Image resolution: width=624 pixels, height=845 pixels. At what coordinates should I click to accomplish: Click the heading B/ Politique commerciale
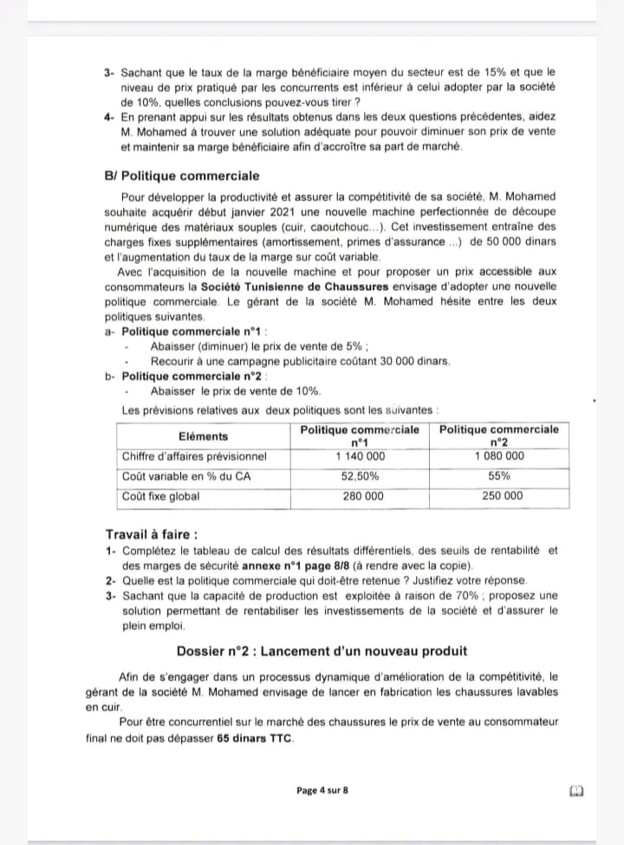pyautogui.click(x=181, y=174)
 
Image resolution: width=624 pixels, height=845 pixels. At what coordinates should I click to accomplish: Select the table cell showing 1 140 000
pyautogui.click(x=360, y=455)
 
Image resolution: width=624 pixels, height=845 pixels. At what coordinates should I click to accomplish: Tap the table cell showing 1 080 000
pyautogui.click(x=499, y=455)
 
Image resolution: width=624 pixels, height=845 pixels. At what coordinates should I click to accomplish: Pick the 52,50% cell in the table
pyautogui.click(x=360, y=476)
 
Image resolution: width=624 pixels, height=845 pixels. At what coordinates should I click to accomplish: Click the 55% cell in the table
pyautogui.click(x=499, y=476)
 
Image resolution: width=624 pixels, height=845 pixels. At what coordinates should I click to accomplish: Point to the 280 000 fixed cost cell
pyautogui.click(x=360, y=496)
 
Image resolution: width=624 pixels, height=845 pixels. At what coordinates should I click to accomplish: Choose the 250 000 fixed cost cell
pyautogui.click(x=499, y=496)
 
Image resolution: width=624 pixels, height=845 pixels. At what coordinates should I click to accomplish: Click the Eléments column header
pyautogui.click(x=203, y=436)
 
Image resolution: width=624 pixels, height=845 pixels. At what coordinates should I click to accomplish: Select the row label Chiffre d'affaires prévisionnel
pyautogui.click(x=194, y=455)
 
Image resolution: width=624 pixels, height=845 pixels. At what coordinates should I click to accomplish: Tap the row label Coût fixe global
pyautogui.click(x=160, y=496)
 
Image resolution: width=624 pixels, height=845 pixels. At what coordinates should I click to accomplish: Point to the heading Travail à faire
pyautogui.click(x=151, y=534)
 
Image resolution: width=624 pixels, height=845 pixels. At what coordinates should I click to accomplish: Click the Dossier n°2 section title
pyautogui.click(x=322, y=651)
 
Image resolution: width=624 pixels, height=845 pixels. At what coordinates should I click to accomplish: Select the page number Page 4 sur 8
pyautogui.click(x=322, y=790)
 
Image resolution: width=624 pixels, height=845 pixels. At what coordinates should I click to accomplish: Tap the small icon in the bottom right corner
pyautogui.click(x=577, y=791)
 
